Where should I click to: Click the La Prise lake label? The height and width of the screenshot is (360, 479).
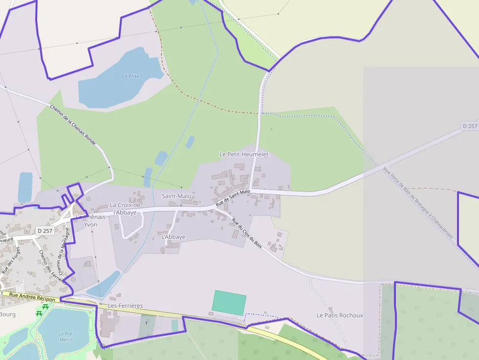[x=131, y=76]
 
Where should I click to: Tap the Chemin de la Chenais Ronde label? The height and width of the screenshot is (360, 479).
[x=73, y=125]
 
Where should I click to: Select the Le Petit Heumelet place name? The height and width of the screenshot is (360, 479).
[x=244, y=154]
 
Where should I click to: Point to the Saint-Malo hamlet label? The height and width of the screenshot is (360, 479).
[x=176, y=196]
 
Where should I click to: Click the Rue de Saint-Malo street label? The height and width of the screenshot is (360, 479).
[x=233, y=198]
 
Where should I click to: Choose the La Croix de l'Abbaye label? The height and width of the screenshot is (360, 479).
[x=125, y=209]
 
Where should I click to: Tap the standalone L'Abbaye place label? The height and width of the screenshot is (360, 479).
[x=173, y=237]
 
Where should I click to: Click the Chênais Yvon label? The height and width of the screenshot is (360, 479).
[x=91, y=221]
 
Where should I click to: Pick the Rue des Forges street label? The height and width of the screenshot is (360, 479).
[x=11, y=260]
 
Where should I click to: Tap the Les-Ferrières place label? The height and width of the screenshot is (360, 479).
[x=126, y=306]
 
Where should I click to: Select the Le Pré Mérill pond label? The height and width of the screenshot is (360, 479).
[x=65, y=337]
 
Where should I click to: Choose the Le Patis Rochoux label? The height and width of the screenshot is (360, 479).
[x=340, y=315]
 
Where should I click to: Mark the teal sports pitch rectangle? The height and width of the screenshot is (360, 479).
[x=229, y=303]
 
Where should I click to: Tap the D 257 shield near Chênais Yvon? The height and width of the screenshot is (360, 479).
[x=44, y=231]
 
